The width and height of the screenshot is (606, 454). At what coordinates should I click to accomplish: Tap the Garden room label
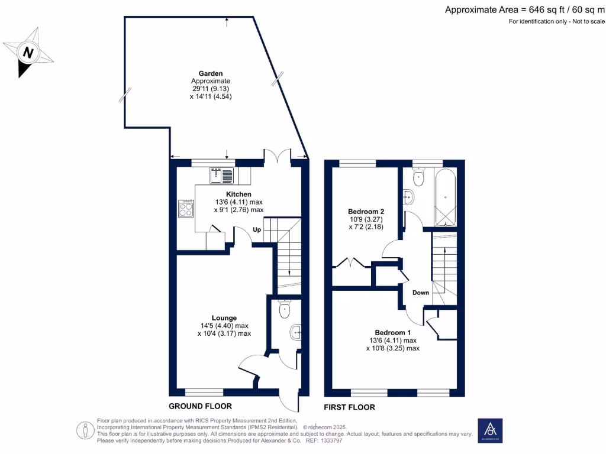(x=211, y=73)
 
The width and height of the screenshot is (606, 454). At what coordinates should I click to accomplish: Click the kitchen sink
(x=223, y=175)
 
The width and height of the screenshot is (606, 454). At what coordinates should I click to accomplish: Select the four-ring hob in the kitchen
(x=186, y=209)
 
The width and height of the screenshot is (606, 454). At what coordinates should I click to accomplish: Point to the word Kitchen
(x=238, y=194)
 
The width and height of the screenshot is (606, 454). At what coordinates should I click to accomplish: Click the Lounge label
(x=224, y=317)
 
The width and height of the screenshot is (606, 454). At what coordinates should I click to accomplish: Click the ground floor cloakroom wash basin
(x=296, y=333)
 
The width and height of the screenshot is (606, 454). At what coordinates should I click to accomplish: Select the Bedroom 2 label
(x=366, y=211)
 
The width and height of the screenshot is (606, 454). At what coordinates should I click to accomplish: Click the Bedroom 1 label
(x=392, y=332)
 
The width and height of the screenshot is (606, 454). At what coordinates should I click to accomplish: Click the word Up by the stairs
(x=257, y=229)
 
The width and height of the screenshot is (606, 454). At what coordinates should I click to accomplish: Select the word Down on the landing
(x=421, y=293)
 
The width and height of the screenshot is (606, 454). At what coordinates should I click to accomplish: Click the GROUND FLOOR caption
(x=200, y=406)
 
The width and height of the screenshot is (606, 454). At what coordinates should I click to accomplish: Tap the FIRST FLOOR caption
(x=349, y=407)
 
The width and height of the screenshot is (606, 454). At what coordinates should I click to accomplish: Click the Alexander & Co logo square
(x=490, y=431)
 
